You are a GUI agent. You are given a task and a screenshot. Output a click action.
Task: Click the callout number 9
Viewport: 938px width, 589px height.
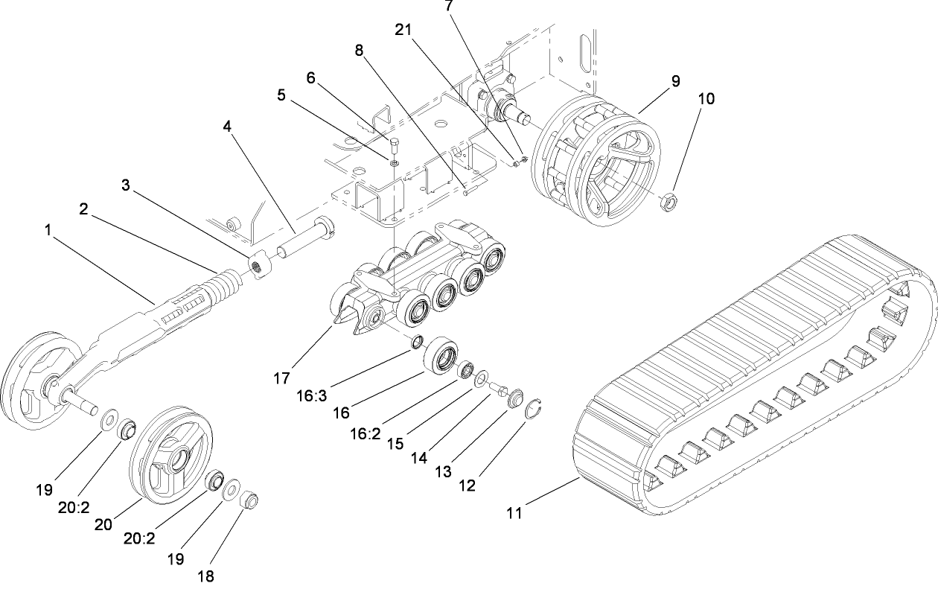pyautogui.click(x=675, y=82)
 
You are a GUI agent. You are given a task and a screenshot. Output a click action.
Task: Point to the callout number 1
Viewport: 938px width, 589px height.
pyautogui.click(x=48, y=232)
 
